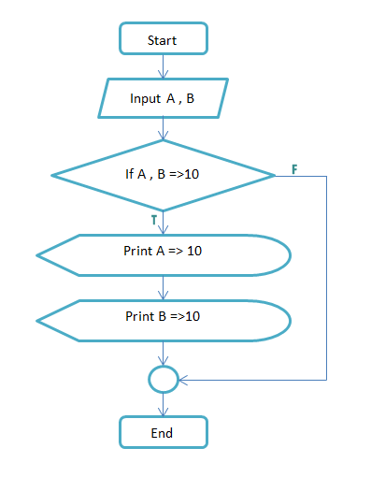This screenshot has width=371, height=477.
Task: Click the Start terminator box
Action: [163, 39]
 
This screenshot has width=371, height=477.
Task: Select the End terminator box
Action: [163, 432]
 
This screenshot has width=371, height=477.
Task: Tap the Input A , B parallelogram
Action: [163, 98]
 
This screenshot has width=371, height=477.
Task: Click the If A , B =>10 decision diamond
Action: [163, 175]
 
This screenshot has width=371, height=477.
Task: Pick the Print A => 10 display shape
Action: [163, 253]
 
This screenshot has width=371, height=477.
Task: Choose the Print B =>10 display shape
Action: [163, 318]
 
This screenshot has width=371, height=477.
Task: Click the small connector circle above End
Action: [163, 379]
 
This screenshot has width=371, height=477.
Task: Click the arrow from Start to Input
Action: [164, 66]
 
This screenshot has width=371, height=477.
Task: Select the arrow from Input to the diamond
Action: [164, 129]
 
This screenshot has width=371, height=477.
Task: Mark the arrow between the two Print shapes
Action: [164, 287]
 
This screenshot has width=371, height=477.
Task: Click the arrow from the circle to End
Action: [164, 404]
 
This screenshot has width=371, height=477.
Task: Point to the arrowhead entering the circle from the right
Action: [183, 380]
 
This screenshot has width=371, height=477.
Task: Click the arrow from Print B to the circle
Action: [164, 354]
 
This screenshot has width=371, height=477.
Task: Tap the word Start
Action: [163, 40]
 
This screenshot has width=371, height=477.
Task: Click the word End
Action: [163, 433]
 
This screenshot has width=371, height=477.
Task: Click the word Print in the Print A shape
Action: [137, 252]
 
